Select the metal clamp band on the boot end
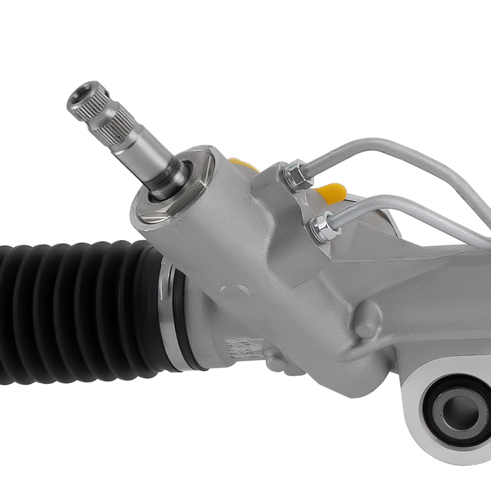tap(169, 319)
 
